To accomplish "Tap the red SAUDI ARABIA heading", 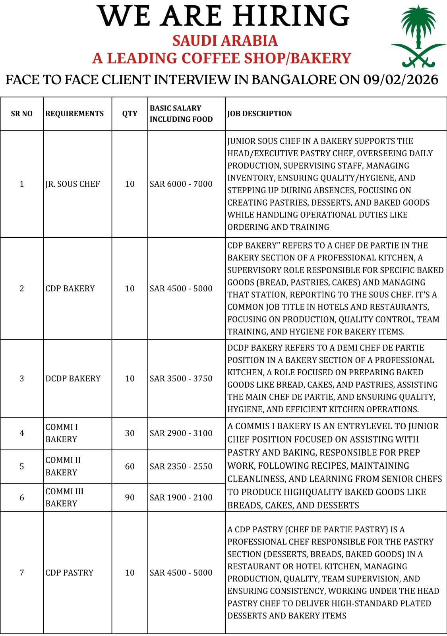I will pos(225,41).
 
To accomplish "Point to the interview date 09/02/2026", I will pos(401,80).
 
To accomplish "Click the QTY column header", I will pos(130,114).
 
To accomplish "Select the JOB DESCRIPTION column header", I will pos(259,114).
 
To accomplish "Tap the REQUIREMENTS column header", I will pos(74,114).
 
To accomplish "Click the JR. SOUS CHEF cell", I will pos(73,184).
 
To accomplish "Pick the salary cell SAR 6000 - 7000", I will pos(181,184).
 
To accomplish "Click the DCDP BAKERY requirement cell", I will pos(73,378).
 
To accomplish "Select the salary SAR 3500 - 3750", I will pos(181,378).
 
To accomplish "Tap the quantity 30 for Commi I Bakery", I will pos(130,433).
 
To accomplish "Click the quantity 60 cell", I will pos(130,466).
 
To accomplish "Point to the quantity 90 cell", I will pos(130,497).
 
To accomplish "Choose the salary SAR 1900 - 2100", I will pos(181,497).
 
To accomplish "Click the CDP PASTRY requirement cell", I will pos(70,573).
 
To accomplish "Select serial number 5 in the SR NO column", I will pos(22,466).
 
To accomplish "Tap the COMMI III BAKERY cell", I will pos(64,497).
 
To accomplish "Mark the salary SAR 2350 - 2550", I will pos(181,466).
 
